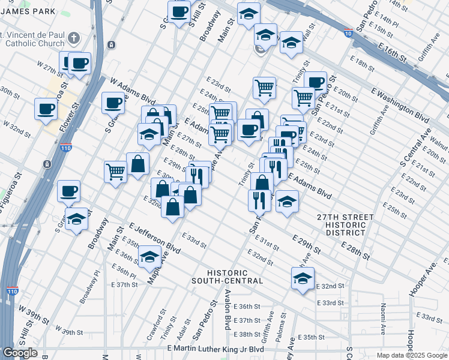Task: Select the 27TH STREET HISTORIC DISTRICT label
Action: point(342,224)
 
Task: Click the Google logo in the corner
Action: point(20,353)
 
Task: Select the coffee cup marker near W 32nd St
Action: point(46,109)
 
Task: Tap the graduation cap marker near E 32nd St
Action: point(303,278)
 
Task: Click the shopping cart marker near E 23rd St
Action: point(264,88)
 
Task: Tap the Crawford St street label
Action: point(162,323)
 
